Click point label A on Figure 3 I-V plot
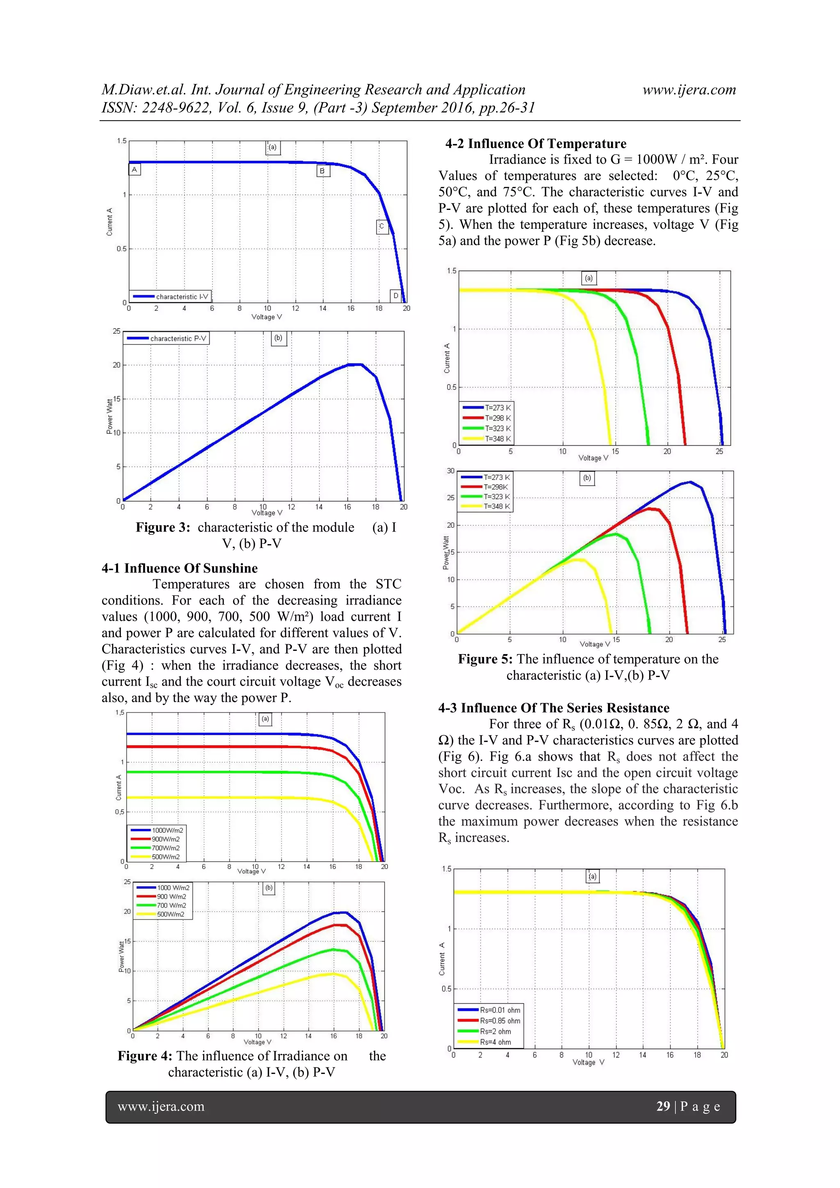click(134, 169)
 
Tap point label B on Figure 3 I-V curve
click(322, 170)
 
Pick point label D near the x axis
click(396, 295)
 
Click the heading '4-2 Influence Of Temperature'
click(536, 144)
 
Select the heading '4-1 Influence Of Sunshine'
click(180, 568)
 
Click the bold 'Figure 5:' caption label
click(485, 659)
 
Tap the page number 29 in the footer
click(663, 1106)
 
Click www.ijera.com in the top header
click(689, 89)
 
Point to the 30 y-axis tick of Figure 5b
click(451, 471)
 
